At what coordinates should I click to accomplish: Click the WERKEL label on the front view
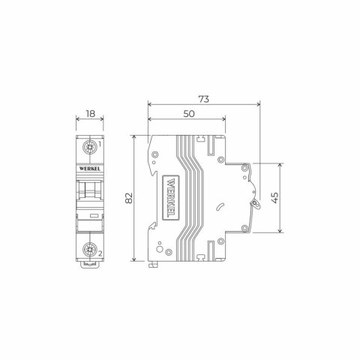[89, 171]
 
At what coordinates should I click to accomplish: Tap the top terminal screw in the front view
[89, 148]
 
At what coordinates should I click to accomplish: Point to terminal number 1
[100, 143]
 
